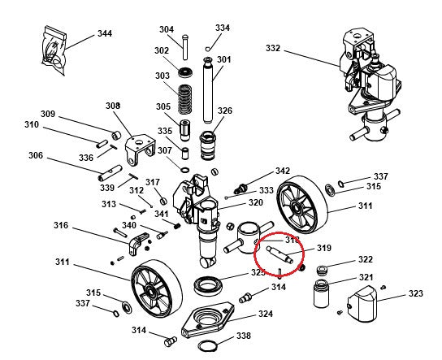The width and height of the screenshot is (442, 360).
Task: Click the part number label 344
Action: pyautogui.click(x=105, y=33)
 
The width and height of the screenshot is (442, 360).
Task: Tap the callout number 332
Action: pyautogui.click(x=272, y=49)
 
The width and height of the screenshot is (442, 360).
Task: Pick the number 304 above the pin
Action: pyautogui.click(x=167, y=29)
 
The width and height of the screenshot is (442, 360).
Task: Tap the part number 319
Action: pyautogui.click(x=324, y=249)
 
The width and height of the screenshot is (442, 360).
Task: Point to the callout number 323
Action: pyautogui.click(x=415, y=293)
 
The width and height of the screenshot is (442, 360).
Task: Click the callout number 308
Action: pyautogui.click(x=112, y=106)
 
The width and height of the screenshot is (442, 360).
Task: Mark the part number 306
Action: pyautogui.click(x=36, y=156)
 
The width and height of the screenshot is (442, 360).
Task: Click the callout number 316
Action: pyautogui.click(x=61, y=225)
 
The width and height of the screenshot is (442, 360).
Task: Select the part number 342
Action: pyautogui.click(x=282, y=171)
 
